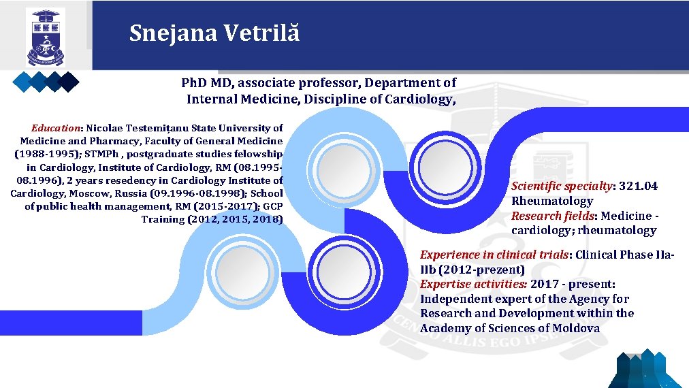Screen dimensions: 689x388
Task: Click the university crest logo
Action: point(46,37)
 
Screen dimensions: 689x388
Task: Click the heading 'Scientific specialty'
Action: point(562,186)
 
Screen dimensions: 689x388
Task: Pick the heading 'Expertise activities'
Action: point(473,284)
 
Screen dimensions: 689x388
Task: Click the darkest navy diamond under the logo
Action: point(69,82)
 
